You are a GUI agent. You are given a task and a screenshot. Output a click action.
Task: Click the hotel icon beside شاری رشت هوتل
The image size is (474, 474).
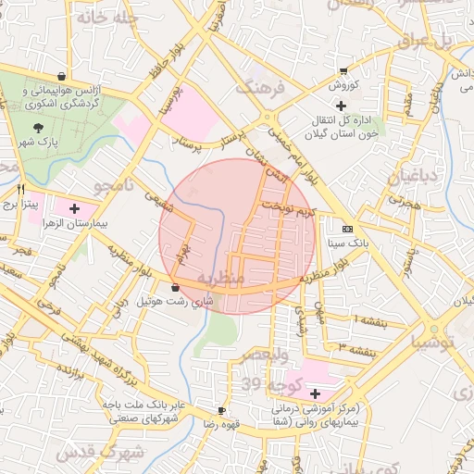pyautogui.click(x=176, y=288)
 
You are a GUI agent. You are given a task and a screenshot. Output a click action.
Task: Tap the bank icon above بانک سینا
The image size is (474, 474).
pyautogui.click(x=347, y=229)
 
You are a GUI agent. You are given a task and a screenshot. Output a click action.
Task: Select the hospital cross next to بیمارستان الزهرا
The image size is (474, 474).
pyautogui.click(x=74, y=209)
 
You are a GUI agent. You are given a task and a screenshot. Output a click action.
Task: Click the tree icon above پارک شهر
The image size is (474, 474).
pyautogui.click(x=38, y=128)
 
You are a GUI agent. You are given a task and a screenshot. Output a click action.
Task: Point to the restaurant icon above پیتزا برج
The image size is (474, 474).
pyautogui.click(x=19, y=188)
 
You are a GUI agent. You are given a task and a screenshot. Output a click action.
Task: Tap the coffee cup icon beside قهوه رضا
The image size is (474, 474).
pyautogui.click(x=221, y=410)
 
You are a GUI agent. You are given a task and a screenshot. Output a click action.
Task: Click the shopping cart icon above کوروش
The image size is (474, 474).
pyautogui.click(x=343, y=71)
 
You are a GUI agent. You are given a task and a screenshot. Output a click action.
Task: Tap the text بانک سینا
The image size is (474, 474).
pyautogui.click(x=347, y=244)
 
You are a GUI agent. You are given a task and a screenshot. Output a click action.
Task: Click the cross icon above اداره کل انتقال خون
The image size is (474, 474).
pyautogui.click(x=342, y=106)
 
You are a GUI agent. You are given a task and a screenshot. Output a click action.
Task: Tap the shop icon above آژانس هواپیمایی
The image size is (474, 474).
pyautogui.click(x=61, y=76)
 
